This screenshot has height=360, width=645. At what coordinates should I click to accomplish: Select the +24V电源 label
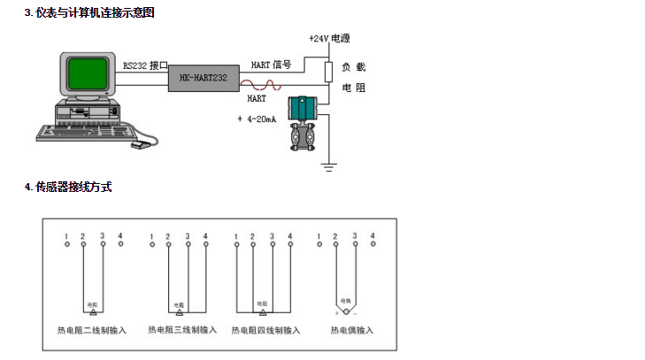point(329,40)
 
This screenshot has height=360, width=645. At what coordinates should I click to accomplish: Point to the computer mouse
point(139,145)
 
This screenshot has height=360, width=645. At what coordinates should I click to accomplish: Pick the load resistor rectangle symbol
point(328,71)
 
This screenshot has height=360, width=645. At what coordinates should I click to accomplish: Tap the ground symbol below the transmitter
point(328,165)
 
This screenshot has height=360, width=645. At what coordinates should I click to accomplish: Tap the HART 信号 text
point(271,65)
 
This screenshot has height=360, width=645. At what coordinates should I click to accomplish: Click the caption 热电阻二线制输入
point(93,331)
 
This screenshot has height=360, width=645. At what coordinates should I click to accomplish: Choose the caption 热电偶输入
point(352,331)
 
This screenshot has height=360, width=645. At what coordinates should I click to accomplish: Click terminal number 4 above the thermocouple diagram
point(373,235)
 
